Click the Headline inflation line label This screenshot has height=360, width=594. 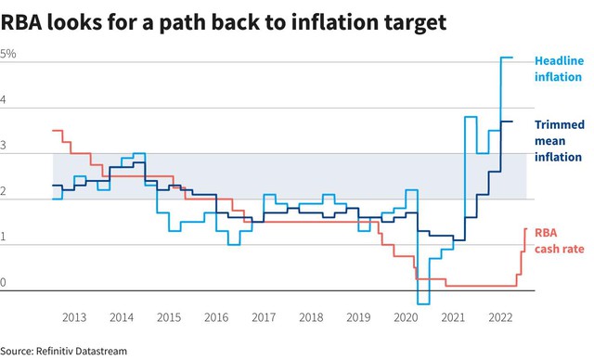559,69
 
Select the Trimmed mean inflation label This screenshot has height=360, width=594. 559,141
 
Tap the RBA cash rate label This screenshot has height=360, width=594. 559,240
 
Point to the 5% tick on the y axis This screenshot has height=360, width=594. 8,54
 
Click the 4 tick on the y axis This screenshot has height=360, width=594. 3,99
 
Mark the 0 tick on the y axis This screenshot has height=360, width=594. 3,282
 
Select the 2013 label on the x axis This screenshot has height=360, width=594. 74,317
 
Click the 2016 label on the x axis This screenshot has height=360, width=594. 216,317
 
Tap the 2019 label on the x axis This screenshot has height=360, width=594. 358,317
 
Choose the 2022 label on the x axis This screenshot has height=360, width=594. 500,317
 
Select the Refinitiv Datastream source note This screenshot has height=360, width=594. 64,351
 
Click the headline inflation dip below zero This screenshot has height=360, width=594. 423,303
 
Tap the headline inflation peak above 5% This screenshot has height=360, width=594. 507,58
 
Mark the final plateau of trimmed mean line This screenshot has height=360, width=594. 507,122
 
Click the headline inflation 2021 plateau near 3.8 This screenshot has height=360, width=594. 471,117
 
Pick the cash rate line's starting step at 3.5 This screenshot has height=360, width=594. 58,130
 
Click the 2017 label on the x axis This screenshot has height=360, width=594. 264,317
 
